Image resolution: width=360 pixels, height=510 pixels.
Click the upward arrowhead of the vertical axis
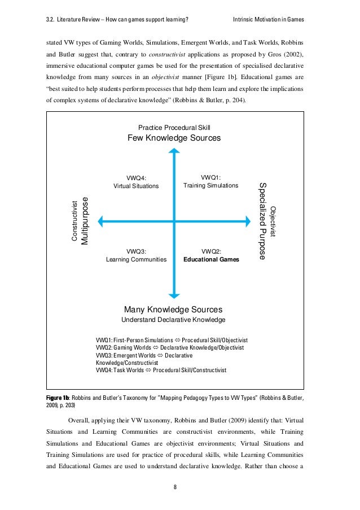click(175, 152)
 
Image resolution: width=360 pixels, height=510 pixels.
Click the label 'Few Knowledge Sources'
click(174, 138)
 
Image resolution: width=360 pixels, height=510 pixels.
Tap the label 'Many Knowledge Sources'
click(173, 310)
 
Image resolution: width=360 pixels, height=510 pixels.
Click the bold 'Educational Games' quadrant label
click(211, 260)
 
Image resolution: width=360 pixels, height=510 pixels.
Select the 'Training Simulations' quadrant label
click(211, 185)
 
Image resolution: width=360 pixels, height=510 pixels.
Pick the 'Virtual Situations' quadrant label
click(137, 186)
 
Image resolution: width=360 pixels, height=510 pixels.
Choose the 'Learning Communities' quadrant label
click(137, 260)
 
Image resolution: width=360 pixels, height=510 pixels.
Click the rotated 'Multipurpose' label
click(85, 221)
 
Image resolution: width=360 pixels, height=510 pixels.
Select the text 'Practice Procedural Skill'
click(174, 128)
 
